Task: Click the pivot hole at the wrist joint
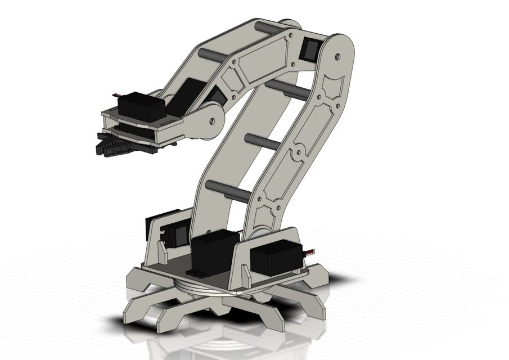click(212, 120)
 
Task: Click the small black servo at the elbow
click(311, 49)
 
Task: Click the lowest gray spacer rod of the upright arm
click(228, 191)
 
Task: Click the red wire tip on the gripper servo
click(116, 94)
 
